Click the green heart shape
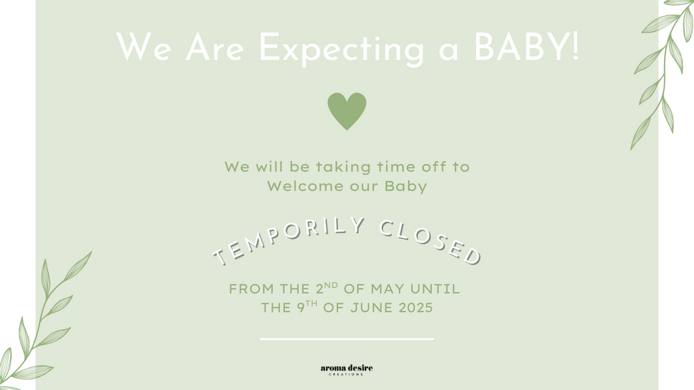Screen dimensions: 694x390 coord(347,110)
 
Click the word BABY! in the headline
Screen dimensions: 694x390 coord(526,47)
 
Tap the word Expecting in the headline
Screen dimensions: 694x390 coord(341,49)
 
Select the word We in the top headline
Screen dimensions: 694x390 coord(144,47)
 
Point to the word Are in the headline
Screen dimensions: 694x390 coord(214,47)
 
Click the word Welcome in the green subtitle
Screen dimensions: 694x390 coord(305,186)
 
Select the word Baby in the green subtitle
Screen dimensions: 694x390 coord(405,187)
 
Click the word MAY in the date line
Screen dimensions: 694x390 coord(387,289)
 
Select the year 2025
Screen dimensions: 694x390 coord(416,307)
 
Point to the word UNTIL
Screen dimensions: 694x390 coord(435,289)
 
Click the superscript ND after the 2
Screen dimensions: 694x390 coord(331,285)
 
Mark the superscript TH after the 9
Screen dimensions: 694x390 coord(312,304)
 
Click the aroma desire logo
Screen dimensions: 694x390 coord(346,370)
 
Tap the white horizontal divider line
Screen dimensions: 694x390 coord(347,339)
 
